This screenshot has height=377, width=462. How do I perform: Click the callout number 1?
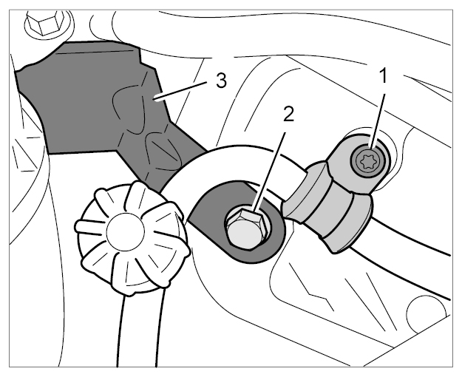[x=384, y=75]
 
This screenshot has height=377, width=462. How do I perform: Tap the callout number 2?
[x=288, y=114]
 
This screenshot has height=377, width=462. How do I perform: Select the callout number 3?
[x=221, y=81]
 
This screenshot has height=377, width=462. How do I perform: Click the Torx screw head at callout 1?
[x=368, y=160]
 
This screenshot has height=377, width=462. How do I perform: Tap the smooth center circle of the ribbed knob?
[x=125, y=231]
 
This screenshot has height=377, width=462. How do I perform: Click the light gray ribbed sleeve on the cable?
[x=327, y=206]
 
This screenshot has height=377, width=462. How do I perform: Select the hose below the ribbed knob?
[x=138, y=330]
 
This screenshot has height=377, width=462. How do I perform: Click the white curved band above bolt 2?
[x=236, y=159]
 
